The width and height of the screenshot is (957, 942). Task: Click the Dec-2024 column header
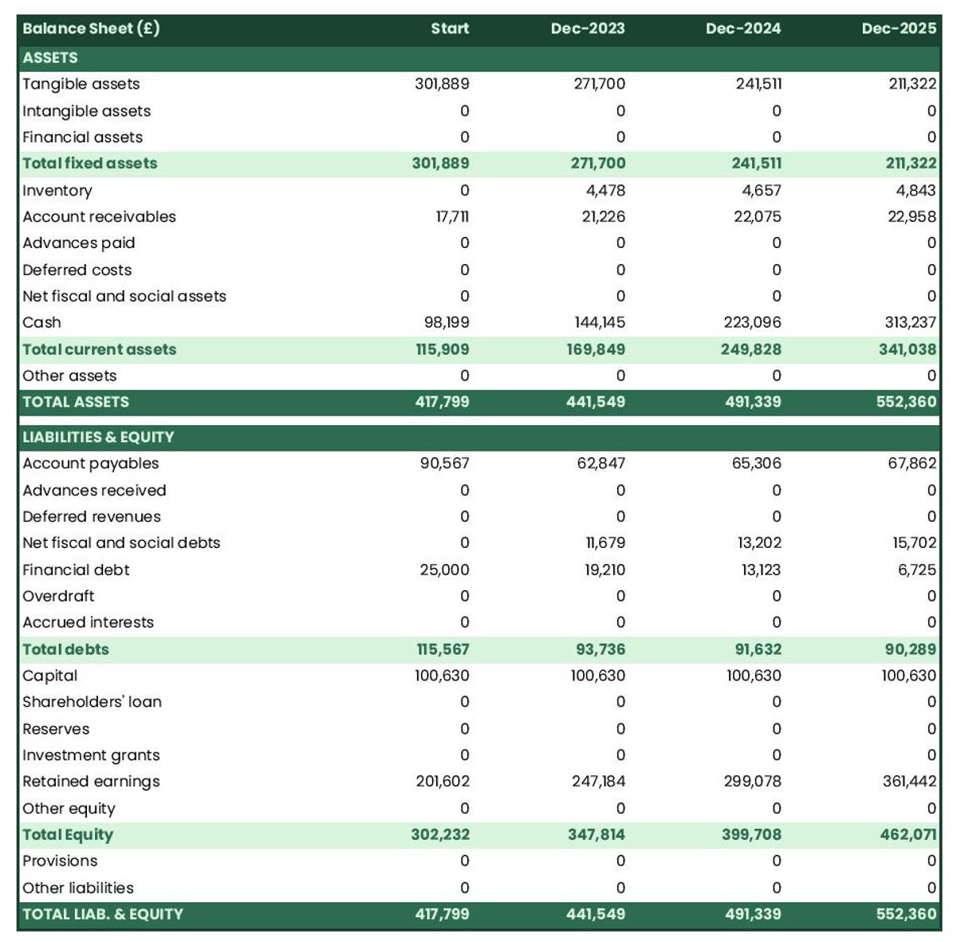(742, 29)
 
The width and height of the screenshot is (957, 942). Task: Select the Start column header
(450, 29)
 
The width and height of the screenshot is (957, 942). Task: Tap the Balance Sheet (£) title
(91, 29)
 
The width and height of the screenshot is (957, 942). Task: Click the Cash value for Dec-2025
(907, 322)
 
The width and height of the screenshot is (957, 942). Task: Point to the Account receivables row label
(99, 217)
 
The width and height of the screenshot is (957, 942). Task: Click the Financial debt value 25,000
(444, 570)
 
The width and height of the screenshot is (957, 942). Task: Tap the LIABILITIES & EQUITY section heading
(98, 437)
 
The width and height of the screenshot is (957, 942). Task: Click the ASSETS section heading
(50, 57)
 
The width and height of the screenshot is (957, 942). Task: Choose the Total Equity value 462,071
(907, 835)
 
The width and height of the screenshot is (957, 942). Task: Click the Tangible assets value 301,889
(442, 84)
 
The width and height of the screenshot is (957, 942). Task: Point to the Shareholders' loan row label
(92, 702)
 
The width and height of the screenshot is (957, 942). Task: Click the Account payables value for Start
(444, 463)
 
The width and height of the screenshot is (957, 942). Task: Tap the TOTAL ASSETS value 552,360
(906, 402)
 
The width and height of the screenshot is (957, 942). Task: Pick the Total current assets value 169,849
(596, 349)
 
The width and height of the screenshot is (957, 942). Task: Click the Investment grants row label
(91, 755)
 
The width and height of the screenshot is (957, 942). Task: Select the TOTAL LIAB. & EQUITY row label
(103, 915)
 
